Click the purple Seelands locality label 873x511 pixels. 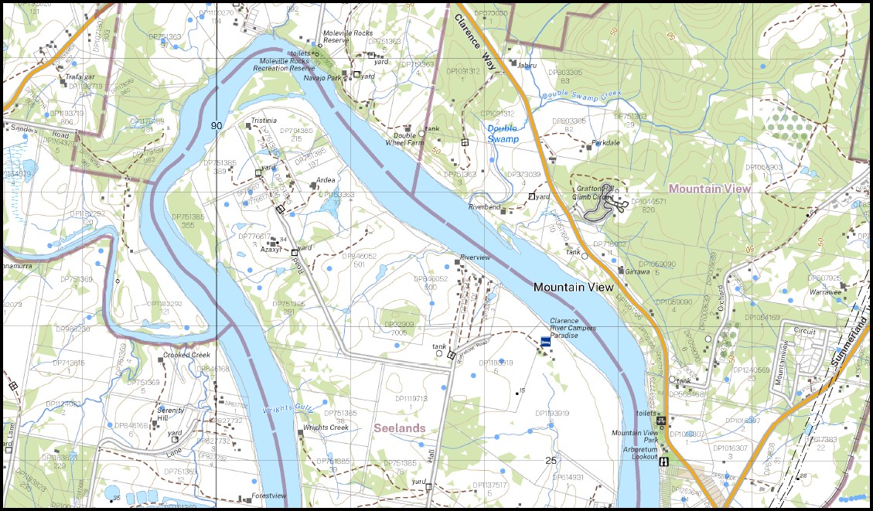pyautogui.click(x=399, y=428)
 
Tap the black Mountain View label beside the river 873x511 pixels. pyautogui.click(x=573, y=287)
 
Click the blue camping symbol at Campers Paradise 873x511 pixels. pyautogui.click(x=544, y=340)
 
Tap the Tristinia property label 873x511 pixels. pyautogui.click(x=263, y=121)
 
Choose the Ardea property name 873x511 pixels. pyautogui.click(x=326, y=180)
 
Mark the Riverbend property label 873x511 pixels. pyautogui.click(x=485, y=206)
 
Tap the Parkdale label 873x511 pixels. pyautogui.click(x=606, y=143)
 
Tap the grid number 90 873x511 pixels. pyautogui.click(x=216, y=125)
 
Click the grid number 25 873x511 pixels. pyautogui.click(x=551, y=461)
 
